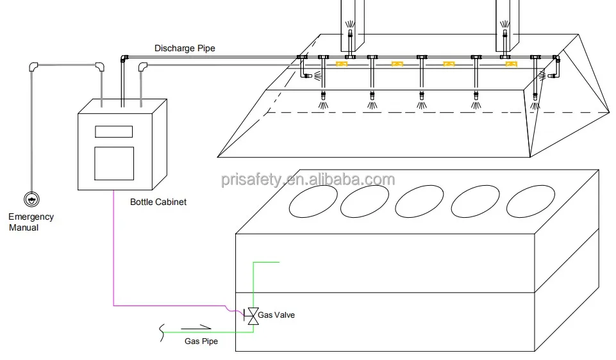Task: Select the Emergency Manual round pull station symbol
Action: click(31, 199)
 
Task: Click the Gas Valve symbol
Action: click(253, 316)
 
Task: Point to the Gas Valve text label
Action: click(276, 315)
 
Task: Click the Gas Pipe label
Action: click(201, 341)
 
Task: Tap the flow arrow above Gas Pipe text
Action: click(199, 329)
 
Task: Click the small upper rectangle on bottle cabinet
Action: click(113, 131)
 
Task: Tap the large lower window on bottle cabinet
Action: click(113, 163)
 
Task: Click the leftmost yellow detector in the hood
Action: click(342, 63)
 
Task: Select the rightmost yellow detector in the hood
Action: click(511, 64)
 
